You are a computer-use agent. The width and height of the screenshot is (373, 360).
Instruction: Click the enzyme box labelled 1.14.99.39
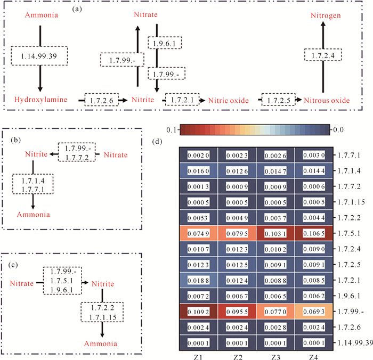[x=39, y=56]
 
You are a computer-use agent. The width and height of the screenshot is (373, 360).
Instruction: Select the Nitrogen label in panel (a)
[x=323, y=17]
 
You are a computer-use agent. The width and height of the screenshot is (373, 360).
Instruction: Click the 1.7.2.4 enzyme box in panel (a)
[x=322, y=54]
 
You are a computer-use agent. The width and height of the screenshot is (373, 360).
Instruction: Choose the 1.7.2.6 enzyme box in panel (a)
[x=102, y=100]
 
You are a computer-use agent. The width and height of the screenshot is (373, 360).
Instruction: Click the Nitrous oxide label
[x=327, y=100]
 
